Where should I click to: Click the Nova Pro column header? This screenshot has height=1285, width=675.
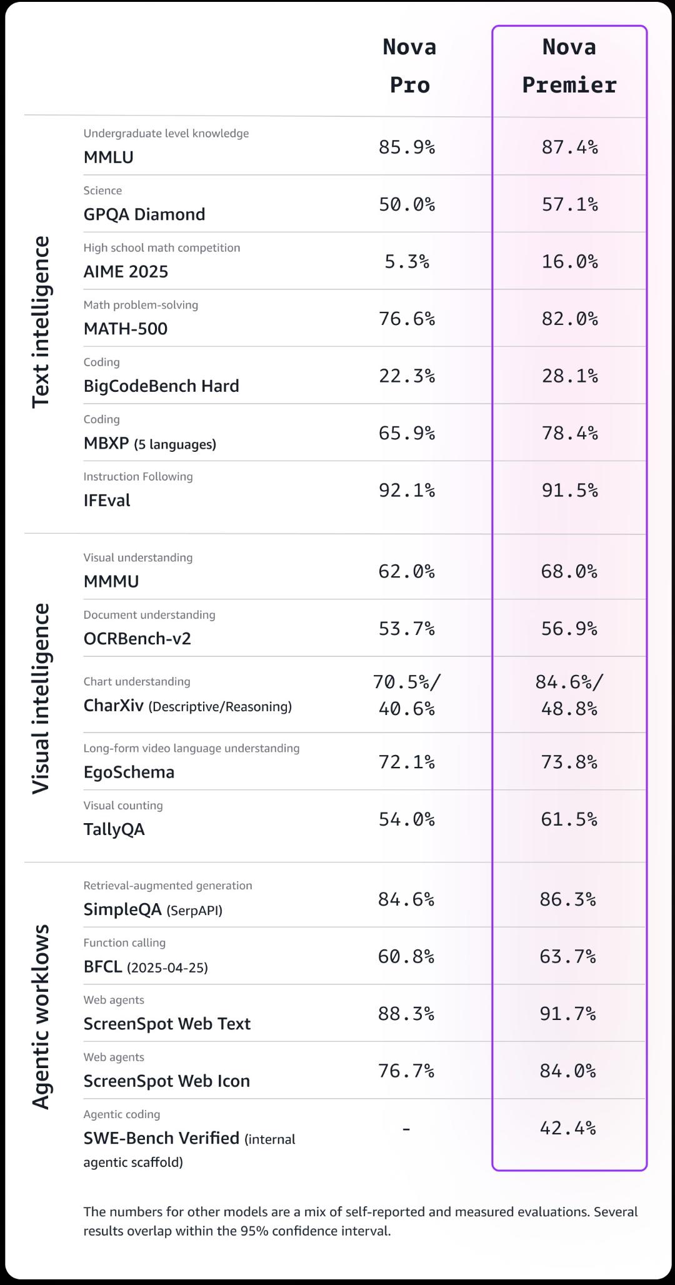click(x=409, y=66)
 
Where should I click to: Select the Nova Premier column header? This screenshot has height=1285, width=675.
click(x=569, y=66)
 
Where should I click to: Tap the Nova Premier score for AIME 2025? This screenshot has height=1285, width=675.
click(x=569, y=261)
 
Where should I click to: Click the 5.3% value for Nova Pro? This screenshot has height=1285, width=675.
click(x=407, y=261)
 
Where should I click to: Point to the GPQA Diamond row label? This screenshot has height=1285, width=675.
click(x=144, y=214)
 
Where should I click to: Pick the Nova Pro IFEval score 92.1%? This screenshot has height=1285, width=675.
click(x=407, y=490)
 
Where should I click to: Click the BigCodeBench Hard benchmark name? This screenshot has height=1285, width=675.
click(x=161, y=386)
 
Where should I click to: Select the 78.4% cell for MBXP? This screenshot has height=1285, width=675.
click(x=569, y=432)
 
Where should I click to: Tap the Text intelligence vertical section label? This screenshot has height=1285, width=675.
click(x=41, y=322)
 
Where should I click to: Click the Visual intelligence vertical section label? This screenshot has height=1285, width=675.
click(x=41, y=699)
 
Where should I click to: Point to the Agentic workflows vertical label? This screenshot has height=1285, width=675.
click(x=41, y=1017)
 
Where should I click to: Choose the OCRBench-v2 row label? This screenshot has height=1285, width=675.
click(x=137, y=638)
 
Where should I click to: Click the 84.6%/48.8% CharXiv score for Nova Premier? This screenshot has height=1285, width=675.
click(x=569, y=695)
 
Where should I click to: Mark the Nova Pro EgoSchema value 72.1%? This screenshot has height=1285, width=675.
click(x=407, y=761)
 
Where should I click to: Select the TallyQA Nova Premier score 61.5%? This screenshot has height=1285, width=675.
click(x=569, y=819)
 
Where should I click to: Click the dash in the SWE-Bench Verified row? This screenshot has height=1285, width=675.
click(x=406, y=1128)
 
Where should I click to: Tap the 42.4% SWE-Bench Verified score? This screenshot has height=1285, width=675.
click(x=568, y=1127)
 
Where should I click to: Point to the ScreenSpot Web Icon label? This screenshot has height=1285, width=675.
click(x=167, y=1081)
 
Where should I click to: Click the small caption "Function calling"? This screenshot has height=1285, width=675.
click(x=124, y=942)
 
